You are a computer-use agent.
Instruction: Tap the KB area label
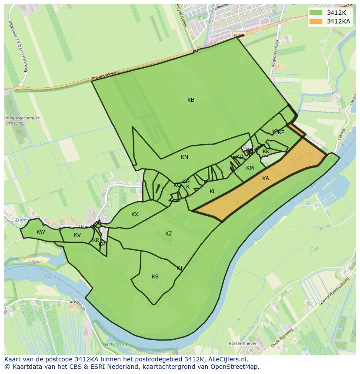(191, 100)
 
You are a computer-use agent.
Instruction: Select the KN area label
(184, 157)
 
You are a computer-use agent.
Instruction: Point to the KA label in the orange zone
(266, 179)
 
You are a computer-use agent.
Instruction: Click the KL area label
(213, 192)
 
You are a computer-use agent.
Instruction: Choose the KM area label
(250, 168)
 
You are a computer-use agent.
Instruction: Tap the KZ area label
(169, 234)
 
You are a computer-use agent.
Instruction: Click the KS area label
(155, 277)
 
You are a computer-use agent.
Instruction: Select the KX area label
(135, 215)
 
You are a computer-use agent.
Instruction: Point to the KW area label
(41, 232)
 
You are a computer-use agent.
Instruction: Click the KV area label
(77, 235)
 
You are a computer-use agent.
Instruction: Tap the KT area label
(180, 268)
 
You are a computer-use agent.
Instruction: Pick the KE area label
(281, 132)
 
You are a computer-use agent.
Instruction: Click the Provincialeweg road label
(105, 76)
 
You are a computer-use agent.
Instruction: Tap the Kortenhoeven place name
(244, 344)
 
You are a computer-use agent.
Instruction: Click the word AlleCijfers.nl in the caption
(227, 360)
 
